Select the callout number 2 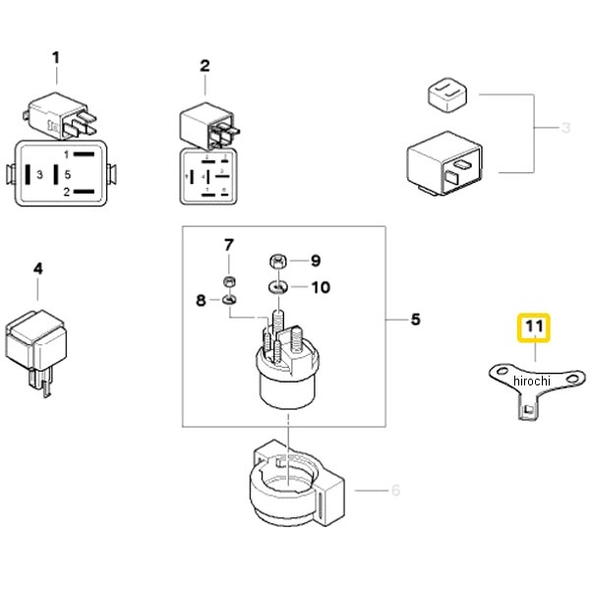(206, 66)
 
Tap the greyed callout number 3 (565, 128)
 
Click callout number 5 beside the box (415, 320)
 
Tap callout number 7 (228, 244)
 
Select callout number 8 (201, 299)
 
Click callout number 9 (315, 261)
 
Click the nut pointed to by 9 (278, 262)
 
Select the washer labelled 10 (278, 287)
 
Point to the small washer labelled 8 (228, 298)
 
